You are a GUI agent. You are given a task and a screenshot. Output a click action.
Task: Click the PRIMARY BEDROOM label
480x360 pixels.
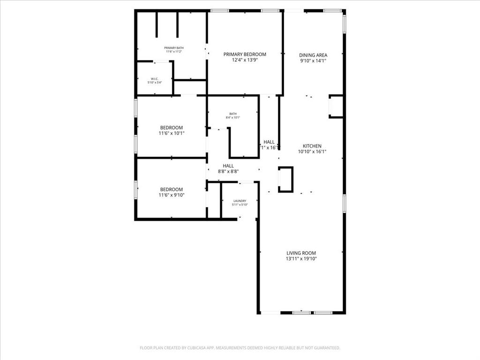coord(245,54)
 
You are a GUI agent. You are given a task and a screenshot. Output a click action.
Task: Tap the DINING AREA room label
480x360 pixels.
coord(313,55)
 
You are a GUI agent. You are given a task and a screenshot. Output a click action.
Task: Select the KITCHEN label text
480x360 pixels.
coord(312,146)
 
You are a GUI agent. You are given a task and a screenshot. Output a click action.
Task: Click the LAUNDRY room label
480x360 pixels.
coord(240,201)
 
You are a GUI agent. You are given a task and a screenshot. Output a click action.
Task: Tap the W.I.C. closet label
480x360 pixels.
coord(155,79)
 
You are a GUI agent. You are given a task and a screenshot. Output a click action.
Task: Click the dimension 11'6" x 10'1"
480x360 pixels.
coord(172,133)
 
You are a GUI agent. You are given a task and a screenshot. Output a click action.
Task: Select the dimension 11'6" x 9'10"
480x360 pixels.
coord(172,195)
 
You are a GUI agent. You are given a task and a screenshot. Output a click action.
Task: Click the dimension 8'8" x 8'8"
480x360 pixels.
coord(228,172)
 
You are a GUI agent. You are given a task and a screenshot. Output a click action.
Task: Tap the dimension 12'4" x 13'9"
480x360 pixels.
coord(245,60)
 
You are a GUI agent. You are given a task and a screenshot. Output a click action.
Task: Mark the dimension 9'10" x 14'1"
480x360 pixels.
coord(313,60)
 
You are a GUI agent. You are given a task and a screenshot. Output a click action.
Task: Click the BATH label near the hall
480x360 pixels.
coord(233,113)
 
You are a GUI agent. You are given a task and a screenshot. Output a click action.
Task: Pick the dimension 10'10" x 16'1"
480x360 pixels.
coord(312,151)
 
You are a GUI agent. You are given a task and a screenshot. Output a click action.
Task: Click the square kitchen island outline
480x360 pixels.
coord(285,180)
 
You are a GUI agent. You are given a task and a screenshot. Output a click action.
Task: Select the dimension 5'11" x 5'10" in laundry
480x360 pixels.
coord(240,205)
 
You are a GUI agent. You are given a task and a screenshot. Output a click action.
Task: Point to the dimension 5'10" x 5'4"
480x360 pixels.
coord(155,83)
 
